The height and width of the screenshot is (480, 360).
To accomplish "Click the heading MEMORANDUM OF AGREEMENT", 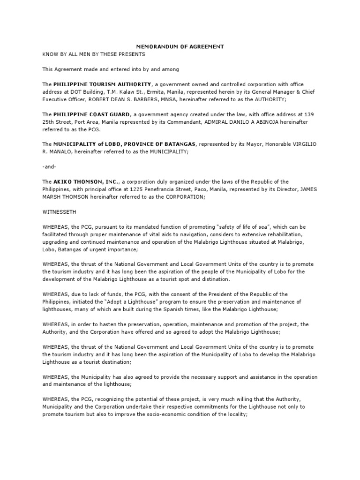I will tap(180, 47).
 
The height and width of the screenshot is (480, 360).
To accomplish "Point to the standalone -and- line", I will tap(49, 166).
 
